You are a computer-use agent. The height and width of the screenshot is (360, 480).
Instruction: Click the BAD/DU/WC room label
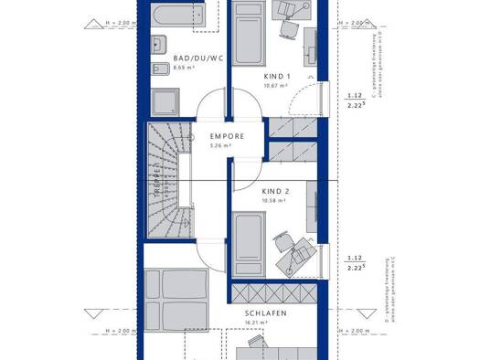click(x=198, y=58)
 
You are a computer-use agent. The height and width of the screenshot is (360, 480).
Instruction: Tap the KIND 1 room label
click(x=277, y=77)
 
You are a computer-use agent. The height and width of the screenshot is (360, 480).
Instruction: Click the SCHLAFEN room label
click(x=266, y=313)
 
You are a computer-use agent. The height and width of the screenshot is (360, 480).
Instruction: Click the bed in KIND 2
click(x=250, y=240)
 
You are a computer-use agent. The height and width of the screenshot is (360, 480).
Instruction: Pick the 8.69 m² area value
click(x=187, y=69)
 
